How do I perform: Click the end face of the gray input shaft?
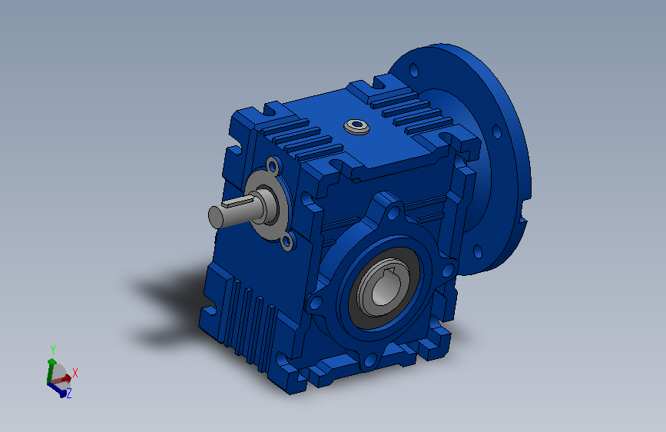point(216,217)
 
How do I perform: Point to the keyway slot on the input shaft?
point(239,203)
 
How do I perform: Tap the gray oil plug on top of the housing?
point(356,127)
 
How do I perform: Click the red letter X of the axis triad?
point(75,374)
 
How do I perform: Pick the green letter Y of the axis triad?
point(53,350)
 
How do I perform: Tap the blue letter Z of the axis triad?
point(69,393)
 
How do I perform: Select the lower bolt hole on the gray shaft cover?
point(287,242)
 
